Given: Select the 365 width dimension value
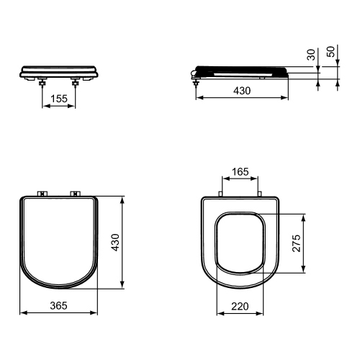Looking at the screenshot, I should [58, 305].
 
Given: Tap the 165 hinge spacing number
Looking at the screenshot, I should [240, 173].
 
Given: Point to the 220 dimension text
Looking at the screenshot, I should [240, 305].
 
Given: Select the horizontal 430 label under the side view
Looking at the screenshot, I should [241, 92].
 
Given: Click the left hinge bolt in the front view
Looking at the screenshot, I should [42, 82].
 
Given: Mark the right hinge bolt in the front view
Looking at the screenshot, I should [76, 82].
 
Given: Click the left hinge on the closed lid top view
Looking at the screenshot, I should [42, 193].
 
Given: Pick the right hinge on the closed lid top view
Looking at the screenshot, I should [75, 193].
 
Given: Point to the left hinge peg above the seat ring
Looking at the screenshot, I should [220, 194].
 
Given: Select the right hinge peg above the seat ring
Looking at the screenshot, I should [259, 194].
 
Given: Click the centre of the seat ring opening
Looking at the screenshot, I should [240, 243].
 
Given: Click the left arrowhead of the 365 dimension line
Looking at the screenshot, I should [22, 313].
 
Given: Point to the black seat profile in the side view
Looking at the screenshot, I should [241, 70].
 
